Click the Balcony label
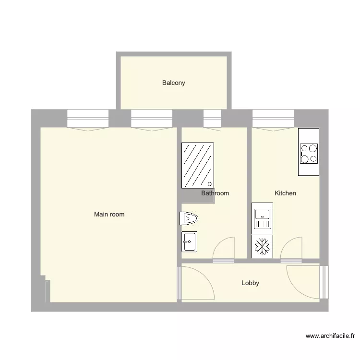(x=173, y=83)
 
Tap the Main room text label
(x=109, y=215)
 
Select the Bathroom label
(x=215, y=193)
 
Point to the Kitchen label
(x=285, y=193)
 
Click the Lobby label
(x=250, y=283)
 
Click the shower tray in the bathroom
(x=197, y=166)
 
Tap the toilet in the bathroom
(x=189, y=219)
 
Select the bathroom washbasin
(x=189, y=241)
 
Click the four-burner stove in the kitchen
(x=309, y=153)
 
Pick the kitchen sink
(x=262, y=218)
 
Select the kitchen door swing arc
(x=290, y=248)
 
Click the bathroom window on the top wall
(x=212, y=118)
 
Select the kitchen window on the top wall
(x=273, y=118)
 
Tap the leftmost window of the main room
(x=88, y=118)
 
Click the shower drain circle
(x=209, y=184)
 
